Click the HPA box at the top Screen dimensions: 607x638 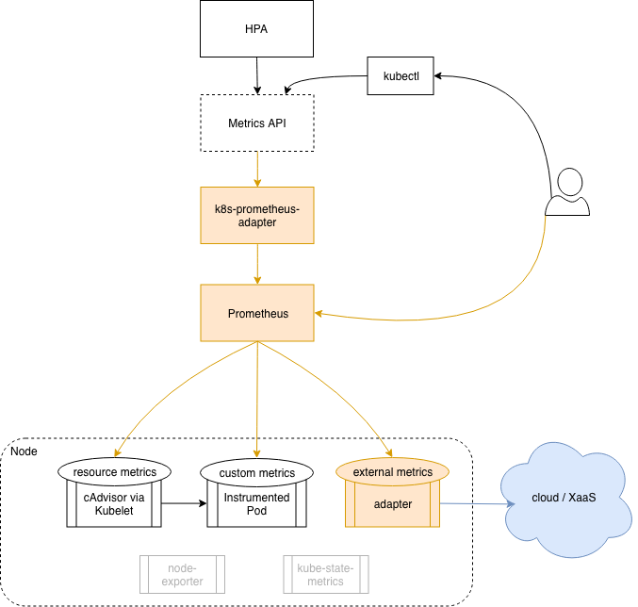(x=256, y=27)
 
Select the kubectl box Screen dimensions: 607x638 (x=400, y=75)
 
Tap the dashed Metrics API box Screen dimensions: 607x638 (x=256, y=123)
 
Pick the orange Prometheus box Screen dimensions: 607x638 (x=256, y=313)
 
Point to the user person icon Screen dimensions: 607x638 (x=568, y=193)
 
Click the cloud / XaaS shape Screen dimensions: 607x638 (x=564, y=497)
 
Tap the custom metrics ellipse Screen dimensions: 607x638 (x=256, y=472)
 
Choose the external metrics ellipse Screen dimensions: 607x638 (x=392, y=471)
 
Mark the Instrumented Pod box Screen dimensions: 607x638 (x=256, y=504)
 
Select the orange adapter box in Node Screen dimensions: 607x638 (x=392, y=505)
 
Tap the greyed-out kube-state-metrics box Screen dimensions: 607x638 (x=325, y=574)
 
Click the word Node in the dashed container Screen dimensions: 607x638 (x=25, y=452)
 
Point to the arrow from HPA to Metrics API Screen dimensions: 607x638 (x=256, y=74)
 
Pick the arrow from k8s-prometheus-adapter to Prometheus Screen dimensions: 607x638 (x=256, y=264)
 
